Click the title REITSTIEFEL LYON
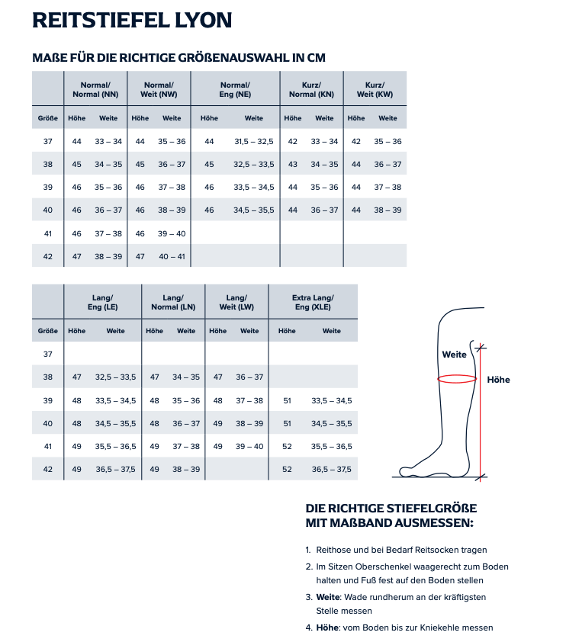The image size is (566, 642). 132,20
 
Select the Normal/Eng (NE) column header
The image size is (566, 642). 235,89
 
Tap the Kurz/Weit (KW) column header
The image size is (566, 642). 375,89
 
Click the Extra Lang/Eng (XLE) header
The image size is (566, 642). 313,302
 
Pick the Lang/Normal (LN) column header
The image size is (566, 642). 174,302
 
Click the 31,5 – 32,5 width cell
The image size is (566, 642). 253,142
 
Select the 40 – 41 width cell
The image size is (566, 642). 172,256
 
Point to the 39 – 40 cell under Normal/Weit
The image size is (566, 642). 172,233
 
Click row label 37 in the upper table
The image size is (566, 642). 48,142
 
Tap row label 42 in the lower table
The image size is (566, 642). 48,469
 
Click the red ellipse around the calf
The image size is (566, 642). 457,378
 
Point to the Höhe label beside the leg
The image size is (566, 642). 498,380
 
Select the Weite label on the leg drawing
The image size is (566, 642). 454,355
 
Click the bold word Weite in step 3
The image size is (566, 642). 328,597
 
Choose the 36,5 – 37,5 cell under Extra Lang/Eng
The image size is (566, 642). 331,469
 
